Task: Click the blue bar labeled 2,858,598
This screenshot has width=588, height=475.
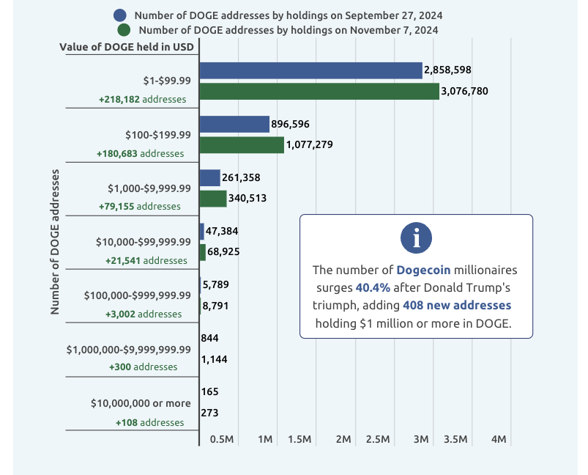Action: pyautogui.click(x=310, y=70)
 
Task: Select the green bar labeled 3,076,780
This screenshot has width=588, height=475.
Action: pyautogui.click(x=319, y=92)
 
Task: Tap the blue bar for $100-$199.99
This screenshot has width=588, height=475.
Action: pyautogui.click(x=234, y=124)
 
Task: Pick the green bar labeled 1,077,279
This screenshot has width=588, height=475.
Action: pyautogui.click(x=242, y=145)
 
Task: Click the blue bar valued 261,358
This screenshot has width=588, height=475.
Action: pyautogui.click(x=209, y=177)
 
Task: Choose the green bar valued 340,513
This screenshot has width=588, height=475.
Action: pyautogui.click(x=213, y=199)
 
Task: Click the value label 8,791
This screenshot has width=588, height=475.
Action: pyautogui.click(x=217, y=306)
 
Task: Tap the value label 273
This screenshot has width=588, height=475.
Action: pyautogui.click(x=209, y=413)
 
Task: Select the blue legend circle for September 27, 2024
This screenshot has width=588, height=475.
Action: pyautogui.click(x=122, y=15)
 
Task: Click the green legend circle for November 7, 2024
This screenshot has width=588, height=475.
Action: pyautogui.click(x=124, y=30)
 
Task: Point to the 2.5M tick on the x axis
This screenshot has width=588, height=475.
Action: pyautogui.click(x=377, y=439)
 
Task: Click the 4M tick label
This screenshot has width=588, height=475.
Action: pyautogui.click(x=499, y=439)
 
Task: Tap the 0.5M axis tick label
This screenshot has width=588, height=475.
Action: pyautogui.click(x=222, y=439)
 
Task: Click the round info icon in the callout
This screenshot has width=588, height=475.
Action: pyautogui.click(x=416, y=237)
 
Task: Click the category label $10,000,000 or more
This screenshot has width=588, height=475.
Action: pyautogui.click(x=141, y=403)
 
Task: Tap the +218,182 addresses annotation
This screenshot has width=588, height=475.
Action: pyautogui.click(x=141, y=99)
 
